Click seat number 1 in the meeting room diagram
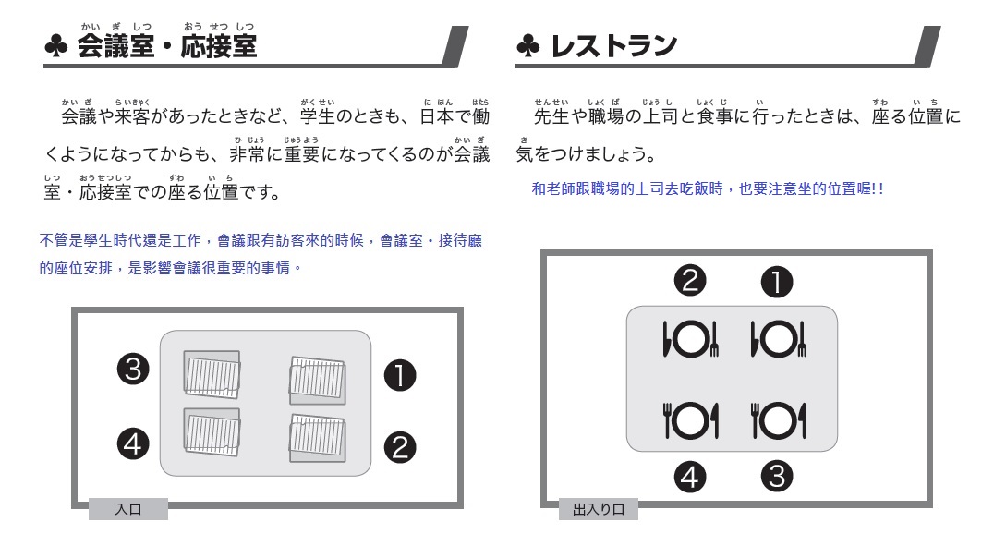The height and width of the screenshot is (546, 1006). [x=400, y=376]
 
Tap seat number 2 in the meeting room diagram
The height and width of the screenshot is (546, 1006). [x=400, y=448]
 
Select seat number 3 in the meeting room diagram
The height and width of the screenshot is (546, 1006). [x=133, y=370]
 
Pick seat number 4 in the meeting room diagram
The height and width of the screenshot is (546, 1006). [x=133, y=444]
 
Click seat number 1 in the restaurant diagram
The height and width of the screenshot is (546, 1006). [x=777, y=283]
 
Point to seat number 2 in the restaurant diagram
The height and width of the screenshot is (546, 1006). [x=690, y=281]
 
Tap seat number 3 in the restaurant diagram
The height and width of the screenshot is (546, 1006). [x=777, y=477]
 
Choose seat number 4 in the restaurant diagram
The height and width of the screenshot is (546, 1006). [x=690, y=478]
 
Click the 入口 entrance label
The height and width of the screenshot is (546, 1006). [x=128, y=509]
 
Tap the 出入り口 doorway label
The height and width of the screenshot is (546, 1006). [x=598, y=509]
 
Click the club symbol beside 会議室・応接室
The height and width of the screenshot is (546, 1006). [x=56, y=46]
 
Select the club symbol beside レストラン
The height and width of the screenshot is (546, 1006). [x=528, y=46]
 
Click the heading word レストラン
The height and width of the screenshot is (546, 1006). [x=614, y=46]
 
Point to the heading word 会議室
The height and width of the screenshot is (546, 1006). [x=115, y=46]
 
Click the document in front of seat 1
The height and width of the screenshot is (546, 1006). [x=318, y=381]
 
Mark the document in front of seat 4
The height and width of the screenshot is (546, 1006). [x=212, y=431]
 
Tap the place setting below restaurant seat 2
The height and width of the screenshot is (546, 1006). [x=690, y=339]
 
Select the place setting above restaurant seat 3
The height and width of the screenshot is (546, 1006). [x=778, y=420]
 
